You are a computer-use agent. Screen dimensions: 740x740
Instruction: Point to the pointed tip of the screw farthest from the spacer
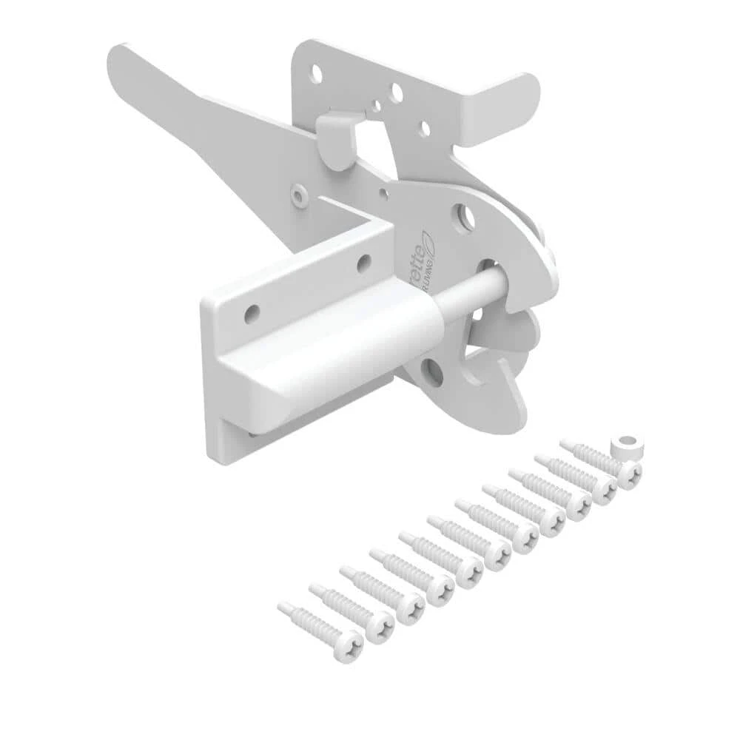point(283,607)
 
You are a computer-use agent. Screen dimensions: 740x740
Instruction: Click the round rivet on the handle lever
point(298,195)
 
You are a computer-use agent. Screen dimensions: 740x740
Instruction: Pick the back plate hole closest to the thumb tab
point(425,129)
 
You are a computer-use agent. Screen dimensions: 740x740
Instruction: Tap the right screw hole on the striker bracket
point(363,262)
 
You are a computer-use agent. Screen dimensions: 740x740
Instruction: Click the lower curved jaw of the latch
point(511,385)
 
